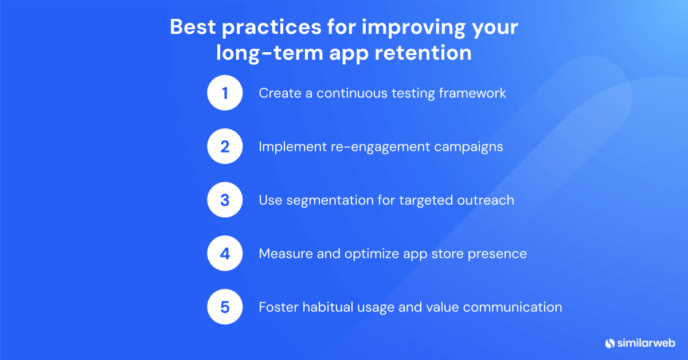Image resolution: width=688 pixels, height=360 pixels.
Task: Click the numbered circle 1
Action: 225,93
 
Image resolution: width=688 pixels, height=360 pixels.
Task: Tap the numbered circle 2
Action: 225,147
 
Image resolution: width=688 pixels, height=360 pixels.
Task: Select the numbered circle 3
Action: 225,200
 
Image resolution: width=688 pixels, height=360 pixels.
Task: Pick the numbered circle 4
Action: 225,253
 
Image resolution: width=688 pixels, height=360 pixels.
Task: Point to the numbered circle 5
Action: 225,307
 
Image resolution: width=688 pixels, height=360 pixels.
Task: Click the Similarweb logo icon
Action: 610,343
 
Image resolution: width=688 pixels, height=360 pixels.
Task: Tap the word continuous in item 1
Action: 352,93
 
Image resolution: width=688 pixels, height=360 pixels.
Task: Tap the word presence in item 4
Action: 498,253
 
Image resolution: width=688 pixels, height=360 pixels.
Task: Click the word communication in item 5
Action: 512,307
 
